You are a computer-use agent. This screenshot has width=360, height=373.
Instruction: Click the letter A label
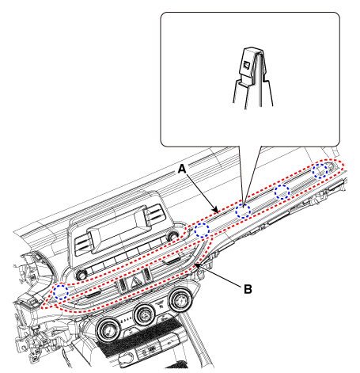[182, 169]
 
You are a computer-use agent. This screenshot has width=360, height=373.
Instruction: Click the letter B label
[248, 289]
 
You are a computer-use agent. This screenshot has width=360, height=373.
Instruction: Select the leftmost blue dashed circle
[61, 292]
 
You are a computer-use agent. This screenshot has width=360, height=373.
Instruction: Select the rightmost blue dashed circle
[320, 171]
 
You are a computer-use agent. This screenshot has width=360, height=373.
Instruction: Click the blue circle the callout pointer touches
[243, 211]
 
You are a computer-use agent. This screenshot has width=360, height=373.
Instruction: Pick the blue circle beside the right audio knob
[202, 230]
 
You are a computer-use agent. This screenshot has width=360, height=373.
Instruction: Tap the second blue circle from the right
[282, 192]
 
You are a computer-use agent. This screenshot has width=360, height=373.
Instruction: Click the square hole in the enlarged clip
[246, 65]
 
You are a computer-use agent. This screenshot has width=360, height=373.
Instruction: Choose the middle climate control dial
[145, 314]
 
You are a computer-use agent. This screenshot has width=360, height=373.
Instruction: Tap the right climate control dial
[180, 299]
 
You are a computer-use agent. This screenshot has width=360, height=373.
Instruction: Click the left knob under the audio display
[81, 275]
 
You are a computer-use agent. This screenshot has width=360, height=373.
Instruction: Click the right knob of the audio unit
[172, 235]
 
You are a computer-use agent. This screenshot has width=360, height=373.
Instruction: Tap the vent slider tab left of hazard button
[93, 293]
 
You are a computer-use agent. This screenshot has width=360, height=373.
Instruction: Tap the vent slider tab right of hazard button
[172, 261]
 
